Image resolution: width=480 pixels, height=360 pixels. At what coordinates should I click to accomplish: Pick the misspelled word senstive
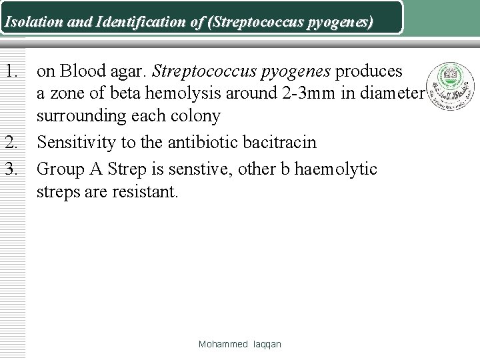point(202,169)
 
